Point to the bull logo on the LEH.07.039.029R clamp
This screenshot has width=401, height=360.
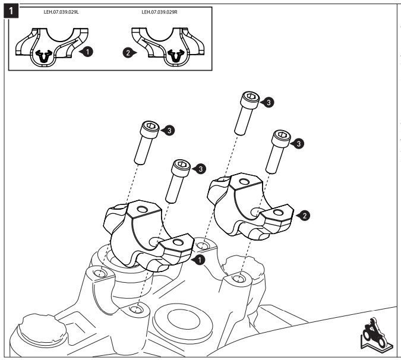tap(176, 56)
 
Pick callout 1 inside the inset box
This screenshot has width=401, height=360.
tap(87, 52)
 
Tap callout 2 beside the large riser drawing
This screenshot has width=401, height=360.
tap(304, 215)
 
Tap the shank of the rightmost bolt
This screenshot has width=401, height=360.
tap(275, 157)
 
